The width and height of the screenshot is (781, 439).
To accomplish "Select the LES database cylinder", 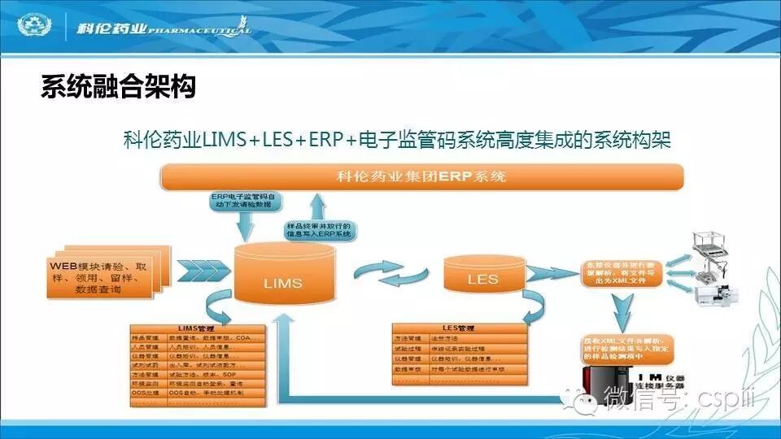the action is pyautogui.click(x=482, y=276).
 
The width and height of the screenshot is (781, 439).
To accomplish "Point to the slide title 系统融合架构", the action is pyautogui.click(x=118, y=88).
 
